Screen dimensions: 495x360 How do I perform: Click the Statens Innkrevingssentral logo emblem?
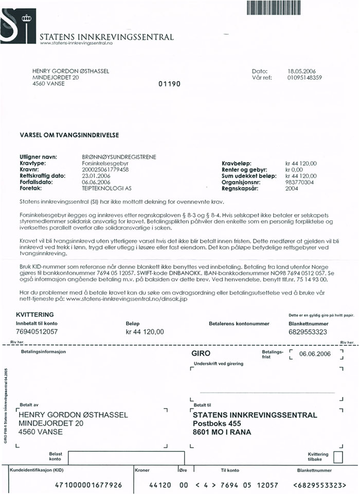(18, 24)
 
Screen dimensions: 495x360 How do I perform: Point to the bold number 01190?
(168, 84)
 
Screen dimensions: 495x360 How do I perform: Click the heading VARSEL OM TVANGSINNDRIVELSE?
(69, 135)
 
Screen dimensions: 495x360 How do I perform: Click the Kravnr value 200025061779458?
(107, 169)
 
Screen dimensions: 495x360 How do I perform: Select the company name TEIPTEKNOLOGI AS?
(107, 188)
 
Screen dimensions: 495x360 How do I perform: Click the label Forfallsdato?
(35, 182)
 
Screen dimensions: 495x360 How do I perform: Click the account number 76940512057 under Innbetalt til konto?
(37, 332)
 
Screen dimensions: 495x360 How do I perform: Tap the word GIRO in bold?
(200, 355)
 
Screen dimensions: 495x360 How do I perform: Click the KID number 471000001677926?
(88, 485)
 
